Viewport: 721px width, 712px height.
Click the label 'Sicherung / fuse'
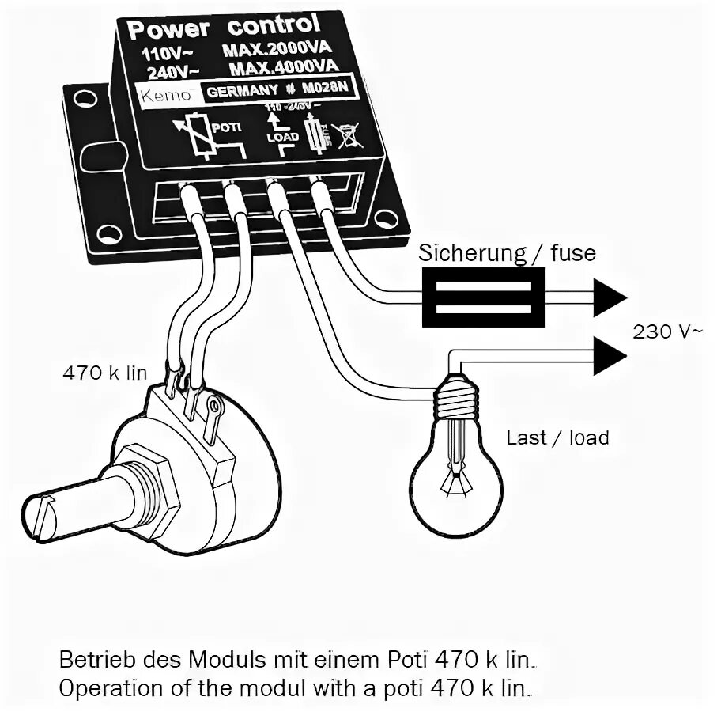tap(507, 253)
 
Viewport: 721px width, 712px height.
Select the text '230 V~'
tap(666, 332)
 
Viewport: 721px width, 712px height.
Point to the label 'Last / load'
tap(557, 437)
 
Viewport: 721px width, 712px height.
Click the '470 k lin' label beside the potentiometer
tap(105, 373)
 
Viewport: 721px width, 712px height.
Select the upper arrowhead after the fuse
tap(610, 297)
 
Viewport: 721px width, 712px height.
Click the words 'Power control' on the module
tap(224, 28)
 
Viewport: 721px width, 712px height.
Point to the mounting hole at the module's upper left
tap(80, 100)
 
